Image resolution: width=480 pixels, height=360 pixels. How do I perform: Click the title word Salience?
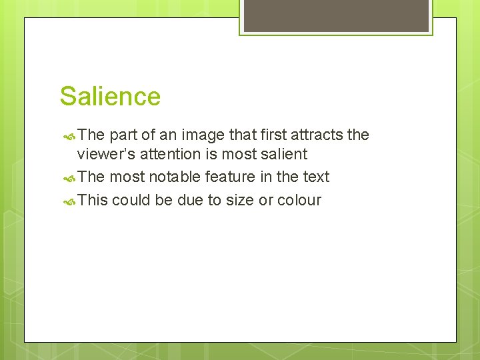tap(110, 97)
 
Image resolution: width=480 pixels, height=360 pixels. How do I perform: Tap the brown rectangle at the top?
tap(336, 15)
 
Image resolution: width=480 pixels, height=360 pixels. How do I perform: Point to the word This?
tap(93, 200)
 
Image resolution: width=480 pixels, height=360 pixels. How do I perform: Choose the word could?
tap(131, 200)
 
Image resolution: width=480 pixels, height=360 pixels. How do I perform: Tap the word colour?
tap(299, 200)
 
